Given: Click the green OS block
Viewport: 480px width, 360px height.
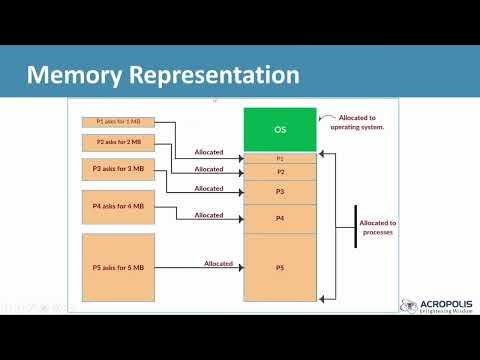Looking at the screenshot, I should coord(280,129).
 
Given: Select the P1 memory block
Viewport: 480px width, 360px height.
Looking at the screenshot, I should coord(280,158).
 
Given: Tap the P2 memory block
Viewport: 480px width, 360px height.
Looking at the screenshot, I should coord(280,172).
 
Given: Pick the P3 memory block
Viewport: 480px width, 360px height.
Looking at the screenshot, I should coord(280,191).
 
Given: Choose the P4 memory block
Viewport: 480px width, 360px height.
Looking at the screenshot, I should coord(280,217).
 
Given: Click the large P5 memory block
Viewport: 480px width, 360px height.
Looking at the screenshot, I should coord(280,267).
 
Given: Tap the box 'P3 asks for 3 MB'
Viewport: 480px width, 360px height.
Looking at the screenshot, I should coord(118,169).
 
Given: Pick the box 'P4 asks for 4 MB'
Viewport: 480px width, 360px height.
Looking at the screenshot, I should coord(118,207).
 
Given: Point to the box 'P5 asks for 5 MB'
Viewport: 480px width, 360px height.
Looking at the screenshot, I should coord(118,267).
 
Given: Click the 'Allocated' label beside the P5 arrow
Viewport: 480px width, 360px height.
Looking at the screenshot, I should coord(218,264).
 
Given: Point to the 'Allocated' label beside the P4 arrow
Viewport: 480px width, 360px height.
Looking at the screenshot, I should coord(209,215).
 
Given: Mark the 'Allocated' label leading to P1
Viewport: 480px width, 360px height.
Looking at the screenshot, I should coord(209,152).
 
